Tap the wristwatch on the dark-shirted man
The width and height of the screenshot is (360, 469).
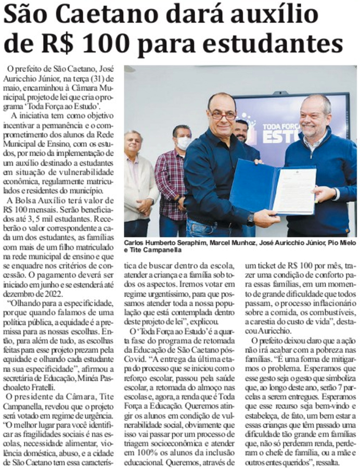tap(251, 217)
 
